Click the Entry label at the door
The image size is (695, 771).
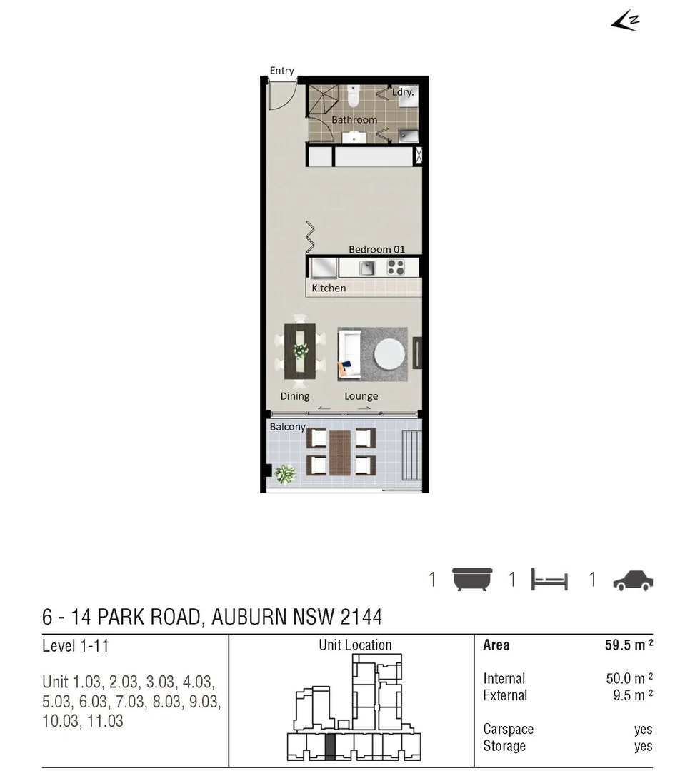tap(281, 71)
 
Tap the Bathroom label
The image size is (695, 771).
tap(354, 119)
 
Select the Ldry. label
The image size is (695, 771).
tap(403, 92)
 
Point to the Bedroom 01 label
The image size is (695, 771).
tap(376, 249)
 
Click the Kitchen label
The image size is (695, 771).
tap(329, 288)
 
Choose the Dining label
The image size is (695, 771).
tap(294, 396)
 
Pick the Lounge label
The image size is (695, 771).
tap(361, 396)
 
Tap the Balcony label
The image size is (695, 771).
tap(287, 427)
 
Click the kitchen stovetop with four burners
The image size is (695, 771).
tap(395, 268)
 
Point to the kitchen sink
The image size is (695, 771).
tap(367, 268)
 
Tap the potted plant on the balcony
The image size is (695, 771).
tap(286, 473)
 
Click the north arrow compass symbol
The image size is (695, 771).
tap(624, 21)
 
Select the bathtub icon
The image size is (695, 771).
tap(472, 579)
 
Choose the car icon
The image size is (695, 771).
tap(633, 580)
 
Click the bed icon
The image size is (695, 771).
tap(549, 580)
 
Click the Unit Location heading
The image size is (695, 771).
tap(355, 645)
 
